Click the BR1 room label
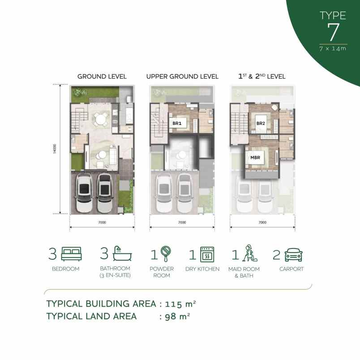tap(176, 122)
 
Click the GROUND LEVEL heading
tap(102, 77)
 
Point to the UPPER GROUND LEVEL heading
tap(182, 77)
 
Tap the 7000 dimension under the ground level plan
tap(102, 223)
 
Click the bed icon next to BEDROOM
tap(72, 254)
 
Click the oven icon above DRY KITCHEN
tap(206, 254)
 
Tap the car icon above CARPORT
tap(294, 254)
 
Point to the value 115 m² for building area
tap(180, 304)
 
